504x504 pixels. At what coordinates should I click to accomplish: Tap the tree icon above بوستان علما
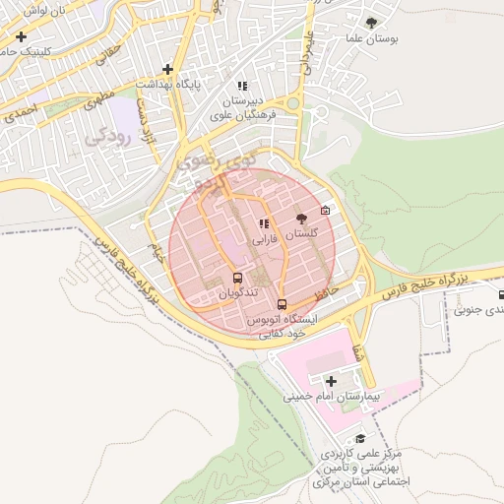click(x=371, y=22)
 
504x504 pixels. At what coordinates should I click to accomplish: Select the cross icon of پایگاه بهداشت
click(x=168, y=69)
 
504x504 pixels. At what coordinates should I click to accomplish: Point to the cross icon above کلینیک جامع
click(x=21, y=36)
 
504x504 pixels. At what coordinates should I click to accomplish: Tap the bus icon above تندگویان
click(x=237, y=279)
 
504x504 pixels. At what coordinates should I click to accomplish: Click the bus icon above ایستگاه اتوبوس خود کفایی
click(x=283, y=304)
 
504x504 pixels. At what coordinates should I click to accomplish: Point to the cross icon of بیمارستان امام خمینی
click(x=331, y=381)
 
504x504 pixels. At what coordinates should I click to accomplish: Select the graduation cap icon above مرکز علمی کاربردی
click(x=360, y=439)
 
